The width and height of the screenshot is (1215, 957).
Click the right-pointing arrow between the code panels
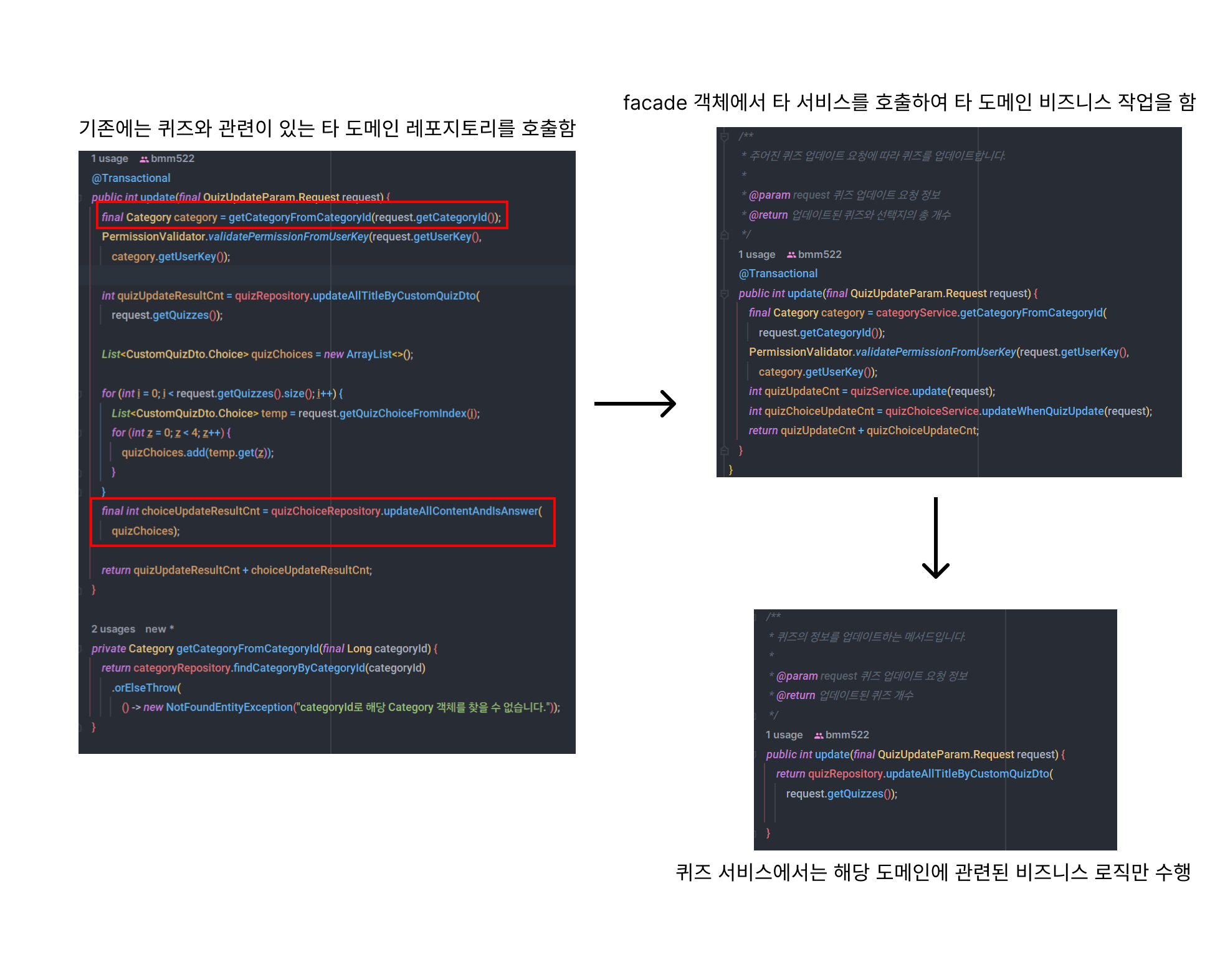click(635, 404)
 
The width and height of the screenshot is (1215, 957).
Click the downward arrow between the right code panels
click(935, 538)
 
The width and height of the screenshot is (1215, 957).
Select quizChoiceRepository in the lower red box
click(325, 511)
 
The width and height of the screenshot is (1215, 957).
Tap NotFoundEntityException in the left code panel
click(229, 707)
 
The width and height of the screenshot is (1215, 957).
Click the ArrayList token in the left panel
click(369, 355)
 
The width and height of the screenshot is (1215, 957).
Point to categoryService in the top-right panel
click(916, 313)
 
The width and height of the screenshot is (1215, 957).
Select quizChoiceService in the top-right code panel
click(931, 411)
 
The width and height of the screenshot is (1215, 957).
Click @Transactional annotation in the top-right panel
click(778, 274)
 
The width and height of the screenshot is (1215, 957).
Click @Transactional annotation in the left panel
click(131, 178)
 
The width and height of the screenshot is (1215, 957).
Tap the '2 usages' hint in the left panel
click(113, 629)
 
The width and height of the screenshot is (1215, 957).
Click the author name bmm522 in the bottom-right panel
click(847, 735)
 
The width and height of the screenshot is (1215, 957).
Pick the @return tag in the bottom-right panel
click(795, 695)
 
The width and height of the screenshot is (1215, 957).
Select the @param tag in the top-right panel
click(769, 195)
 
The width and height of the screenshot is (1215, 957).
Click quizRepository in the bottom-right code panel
click(845, 774)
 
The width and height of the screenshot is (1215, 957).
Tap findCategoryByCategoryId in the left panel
click(299, 668)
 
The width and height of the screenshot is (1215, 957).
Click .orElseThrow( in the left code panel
click(146, 688)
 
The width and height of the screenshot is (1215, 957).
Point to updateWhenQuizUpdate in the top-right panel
click(1042, 411)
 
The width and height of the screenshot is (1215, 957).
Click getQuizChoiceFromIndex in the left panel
click(403, 413)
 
